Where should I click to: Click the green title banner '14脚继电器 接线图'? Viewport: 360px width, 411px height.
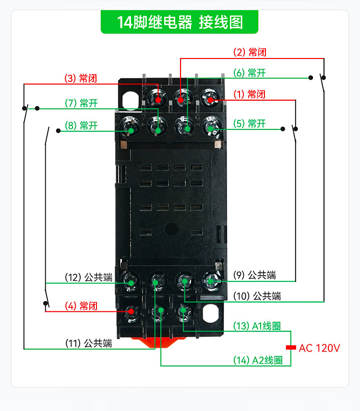[180, 22]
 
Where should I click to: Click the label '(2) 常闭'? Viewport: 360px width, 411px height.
[250, 52]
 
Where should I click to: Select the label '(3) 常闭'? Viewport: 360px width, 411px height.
[81, 78]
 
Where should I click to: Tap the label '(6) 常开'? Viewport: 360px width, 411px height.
[249, 73]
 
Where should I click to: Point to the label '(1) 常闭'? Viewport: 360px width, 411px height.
[249, 94]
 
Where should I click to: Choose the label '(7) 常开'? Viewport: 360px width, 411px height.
[81, 103]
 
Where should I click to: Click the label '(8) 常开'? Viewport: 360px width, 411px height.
[81, 126]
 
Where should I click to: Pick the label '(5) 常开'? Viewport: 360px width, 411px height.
[249, 124]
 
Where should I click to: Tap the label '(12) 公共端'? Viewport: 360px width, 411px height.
[88, 277]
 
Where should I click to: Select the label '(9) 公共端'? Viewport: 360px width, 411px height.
[257, 275]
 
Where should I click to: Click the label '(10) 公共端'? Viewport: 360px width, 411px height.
[257, 296]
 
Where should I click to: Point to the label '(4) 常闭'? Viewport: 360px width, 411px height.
[81, 306]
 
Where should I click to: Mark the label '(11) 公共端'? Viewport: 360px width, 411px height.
[88, 343]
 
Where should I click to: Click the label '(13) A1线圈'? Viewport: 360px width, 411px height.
[257, 327]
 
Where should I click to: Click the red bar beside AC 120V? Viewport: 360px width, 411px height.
[290, 347]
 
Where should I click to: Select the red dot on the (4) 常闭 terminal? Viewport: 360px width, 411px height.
[130, 311]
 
